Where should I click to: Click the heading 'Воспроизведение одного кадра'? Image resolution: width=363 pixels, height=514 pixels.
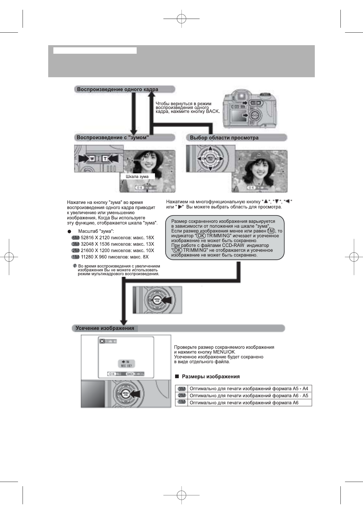click(117, 89)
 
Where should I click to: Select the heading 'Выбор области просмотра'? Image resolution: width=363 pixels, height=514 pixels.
click(224, 138)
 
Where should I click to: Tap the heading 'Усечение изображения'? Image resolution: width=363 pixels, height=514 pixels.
click(105, 328)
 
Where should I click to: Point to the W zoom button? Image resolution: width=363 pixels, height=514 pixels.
click(92, 159)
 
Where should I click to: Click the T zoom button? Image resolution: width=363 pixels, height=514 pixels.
click(105, 159)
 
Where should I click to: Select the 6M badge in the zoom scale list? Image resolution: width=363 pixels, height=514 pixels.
click(75, 238)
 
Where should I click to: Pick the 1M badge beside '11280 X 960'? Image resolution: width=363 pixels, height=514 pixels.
click(75, 257)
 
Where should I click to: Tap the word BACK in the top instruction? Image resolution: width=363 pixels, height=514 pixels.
click(213, 111)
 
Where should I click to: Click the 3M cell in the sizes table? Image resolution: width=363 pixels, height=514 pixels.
click(182, 389)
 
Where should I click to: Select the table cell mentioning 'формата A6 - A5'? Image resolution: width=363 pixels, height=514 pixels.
click(249, 396)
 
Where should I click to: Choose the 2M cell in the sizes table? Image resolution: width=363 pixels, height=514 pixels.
click(182, 396)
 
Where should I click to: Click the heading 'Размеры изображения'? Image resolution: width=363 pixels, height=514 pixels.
click(210, 377)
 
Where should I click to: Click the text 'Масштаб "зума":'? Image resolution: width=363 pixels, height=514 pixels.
click(96, 231)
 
